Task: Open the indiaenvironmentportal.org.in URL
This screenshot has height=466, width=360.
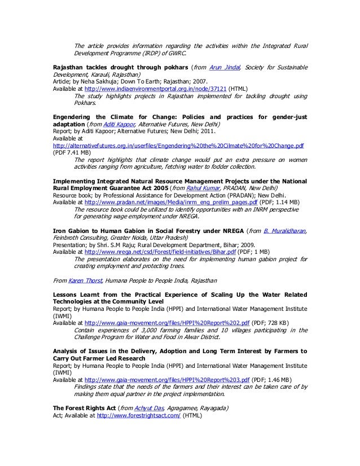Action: click(x=151, y=89)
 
